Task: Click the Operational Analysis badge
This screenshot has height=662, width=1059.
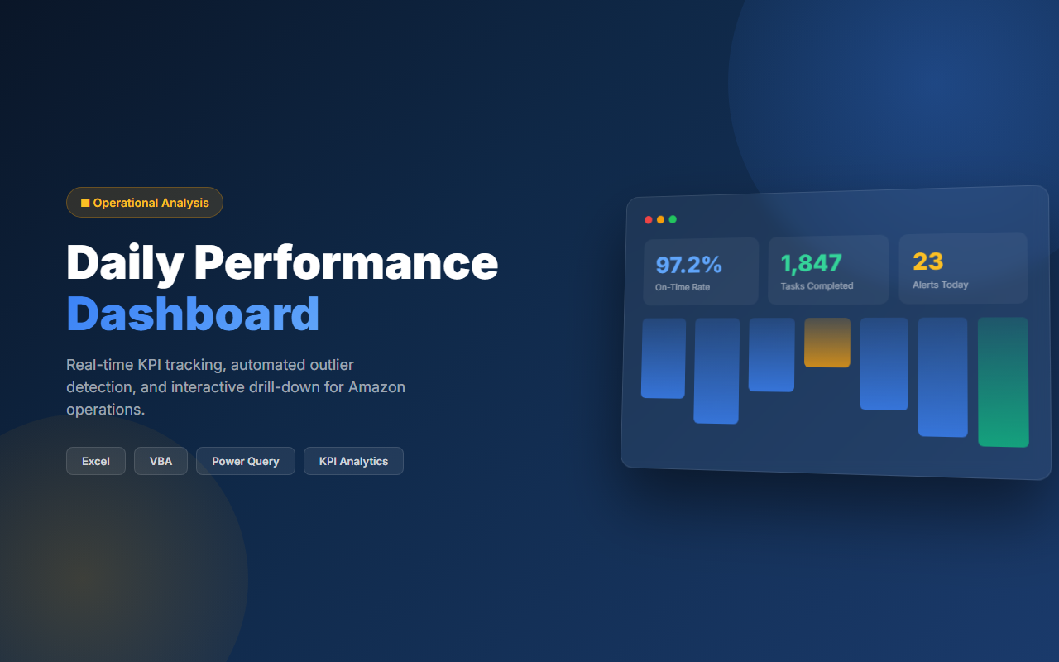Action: click(x=145, y=203)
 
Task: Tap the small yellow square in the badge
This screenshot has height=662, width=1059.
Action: click(x=85, y=203)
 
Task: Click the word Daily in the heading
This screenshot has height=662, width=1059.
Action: click(x=125, y=262)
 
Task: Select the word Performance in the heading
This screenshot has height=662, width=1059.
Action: click(x=346, y=262)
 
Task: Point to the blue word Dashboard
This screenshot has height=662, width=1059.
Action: click(x=193, y=314)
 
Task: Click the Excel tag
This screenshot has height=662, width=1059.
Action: click(x=96, y=461)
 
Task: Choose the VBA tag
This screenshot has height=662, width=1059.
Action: click(x=161, y=461)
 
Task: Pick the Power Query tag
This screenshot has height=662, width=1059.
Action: click(x=246, y=461)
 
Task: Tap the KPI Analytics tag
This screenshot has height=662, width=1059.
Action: click(x=353, y=461)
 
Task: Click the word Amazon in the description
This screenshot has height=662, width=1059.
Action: click(x=376, y=386)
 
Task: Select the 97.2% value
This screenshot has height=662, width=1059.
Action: click(x=688, y=265)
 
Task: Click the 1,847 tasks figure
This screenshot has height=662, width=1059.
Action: click(x=811, y=263)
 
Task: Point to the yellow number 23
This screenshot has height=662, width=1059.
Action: click(x=927, y=261)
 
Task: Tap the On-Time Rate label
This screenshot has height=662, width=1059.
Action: click(x=683, y=287)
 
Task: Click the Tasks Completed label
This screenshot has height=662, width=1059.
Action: click(x=817, y=286)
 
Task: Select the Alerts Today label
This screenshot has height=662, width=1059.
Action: click(x=940, y=285)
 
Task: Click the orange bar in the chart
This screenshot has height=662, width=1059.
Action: click(x=827, y=343)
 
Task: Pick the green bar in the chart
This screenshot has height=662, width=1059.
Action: click(x=1003, y=381)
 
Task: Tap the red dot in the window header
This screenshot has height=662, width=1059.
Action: click(x=649, y=219)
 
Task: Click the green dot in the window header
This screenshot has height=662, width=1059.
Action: click(x=673, y=219)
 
